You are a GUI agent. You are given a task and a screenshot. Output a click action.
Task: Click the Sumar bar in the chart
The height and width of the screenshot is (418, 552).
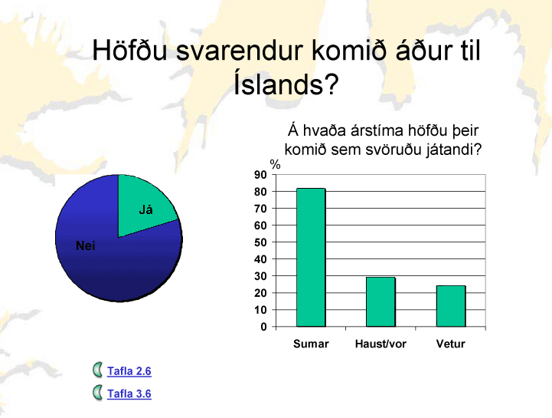click(311, 257)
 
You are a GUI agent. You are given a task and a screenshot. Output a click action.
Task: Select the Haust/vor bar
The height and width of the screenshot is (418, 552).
click(381, 301)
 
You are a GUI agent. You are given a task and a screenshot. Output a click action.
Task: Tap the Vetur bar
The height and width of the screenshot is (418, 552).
click(451, 306)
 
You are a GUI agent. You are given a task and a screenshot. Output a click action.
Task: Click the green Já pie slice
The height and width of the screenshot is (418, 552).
click(145, 208)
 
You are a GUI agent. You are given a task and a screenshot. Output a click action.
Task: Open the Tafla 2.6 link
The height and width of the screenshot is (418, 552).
click(129, 371)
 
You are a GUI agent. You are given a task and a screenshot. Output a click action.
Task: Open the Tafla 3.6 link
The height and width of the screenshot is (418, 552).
click(129, 393)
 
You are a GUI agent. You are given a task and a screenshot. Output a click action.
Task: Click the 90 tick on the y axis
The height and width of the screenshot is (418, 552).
click(260, 175)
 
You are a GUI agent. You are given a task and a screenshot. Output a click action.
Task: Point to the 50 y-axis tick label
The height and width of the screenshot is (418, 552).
click(260, 242)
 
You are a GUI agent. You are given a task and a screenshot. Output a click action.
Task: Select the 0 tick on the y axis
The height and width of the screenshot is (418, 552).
click(263, 327)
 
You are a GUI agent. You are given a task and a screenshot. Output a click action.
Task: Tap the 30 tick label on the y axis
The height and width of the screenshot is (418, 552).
click(260, 276)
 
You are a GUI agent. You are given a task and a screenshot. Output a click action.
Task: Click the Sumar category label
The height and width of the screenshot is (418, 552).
click(311, 344)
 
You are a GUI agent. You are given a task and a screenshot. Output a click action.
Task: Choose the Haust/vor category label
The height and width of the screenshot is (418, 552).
click(381, 344)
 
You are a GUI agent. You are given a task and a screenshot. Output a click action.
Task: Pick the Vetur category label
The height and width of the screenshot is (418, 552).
click(451, 344)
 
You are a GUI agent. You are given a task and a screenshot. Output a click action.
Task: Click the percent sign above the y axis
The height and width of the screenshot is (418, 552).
click(276, 164)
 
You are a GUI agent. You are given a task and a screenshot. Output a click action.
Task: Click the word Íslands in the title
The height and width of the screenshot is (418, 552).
click(286, 84)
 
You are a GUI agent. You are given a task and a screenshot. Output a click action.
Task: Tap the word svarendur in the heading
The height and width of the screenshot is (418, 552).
click(240, 50)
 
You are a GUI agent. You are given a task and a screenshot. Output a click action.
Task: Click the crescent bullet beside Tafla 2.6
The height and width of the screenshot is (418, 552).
click(97, 370)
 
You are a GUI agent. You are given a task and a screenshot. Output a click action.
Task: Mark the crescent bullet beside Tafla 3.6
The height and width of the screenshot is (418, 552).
click(97, 393)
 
